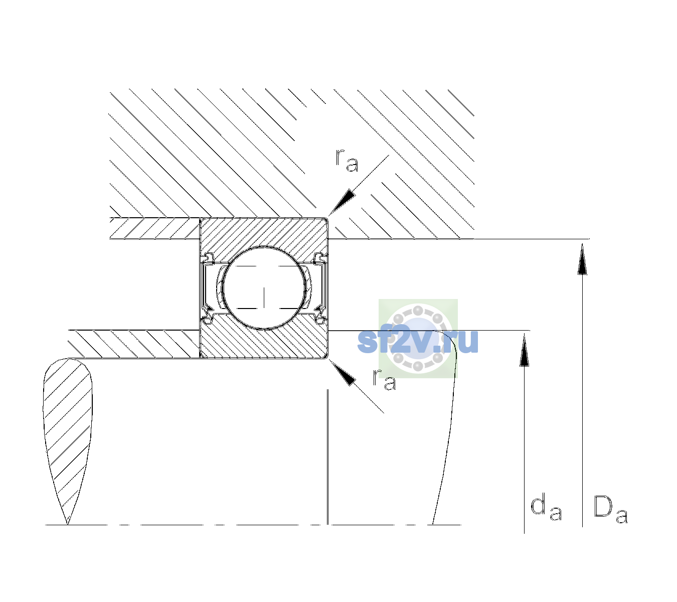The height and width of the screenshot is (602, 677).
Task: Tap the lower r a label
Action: point(384,380)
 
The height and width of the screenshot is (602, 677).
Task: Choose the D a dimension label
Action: point(611,509)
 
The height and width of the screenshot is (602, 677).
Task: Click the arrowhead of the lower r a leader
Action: point(342,372)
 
